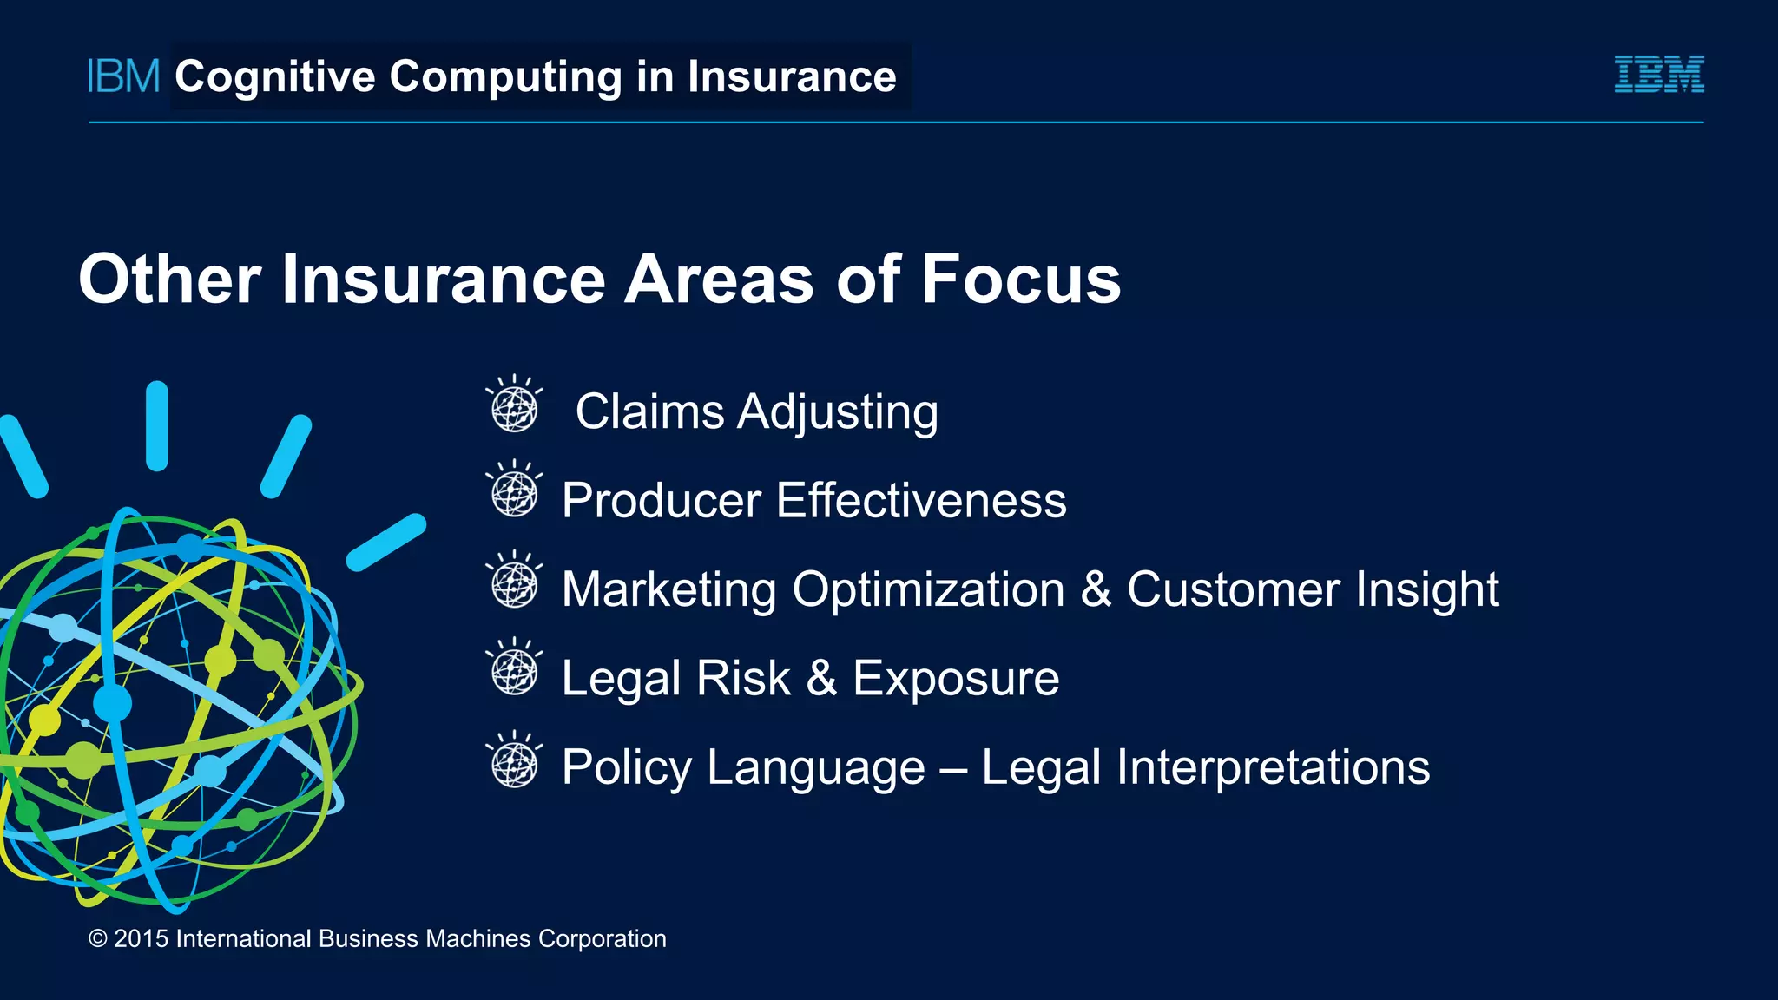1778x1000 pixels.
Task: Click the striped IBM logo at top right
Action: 1659,75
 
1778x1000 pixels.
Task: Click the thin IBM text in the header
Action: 123,76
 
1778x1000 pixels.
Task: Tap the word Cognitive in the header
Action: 275,77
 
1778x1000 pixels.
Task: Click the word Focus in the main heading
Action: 1020,280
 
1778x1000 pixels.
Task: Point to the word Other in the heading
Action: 169,280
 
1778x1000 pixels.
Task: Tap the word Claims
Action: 649,411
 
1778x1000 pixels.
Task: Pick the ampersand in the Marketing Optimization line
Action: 1096,589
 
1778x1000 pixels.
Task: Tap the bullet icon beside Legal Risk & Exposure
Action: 514,668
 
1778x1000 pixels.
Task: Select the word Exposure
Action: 955,678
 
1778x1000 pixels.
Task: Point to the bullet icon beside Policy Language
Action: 514,760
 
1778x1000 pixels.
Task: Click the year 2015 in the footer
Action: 141,939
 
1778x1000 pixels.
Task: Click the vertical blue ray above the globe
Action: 157,426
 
